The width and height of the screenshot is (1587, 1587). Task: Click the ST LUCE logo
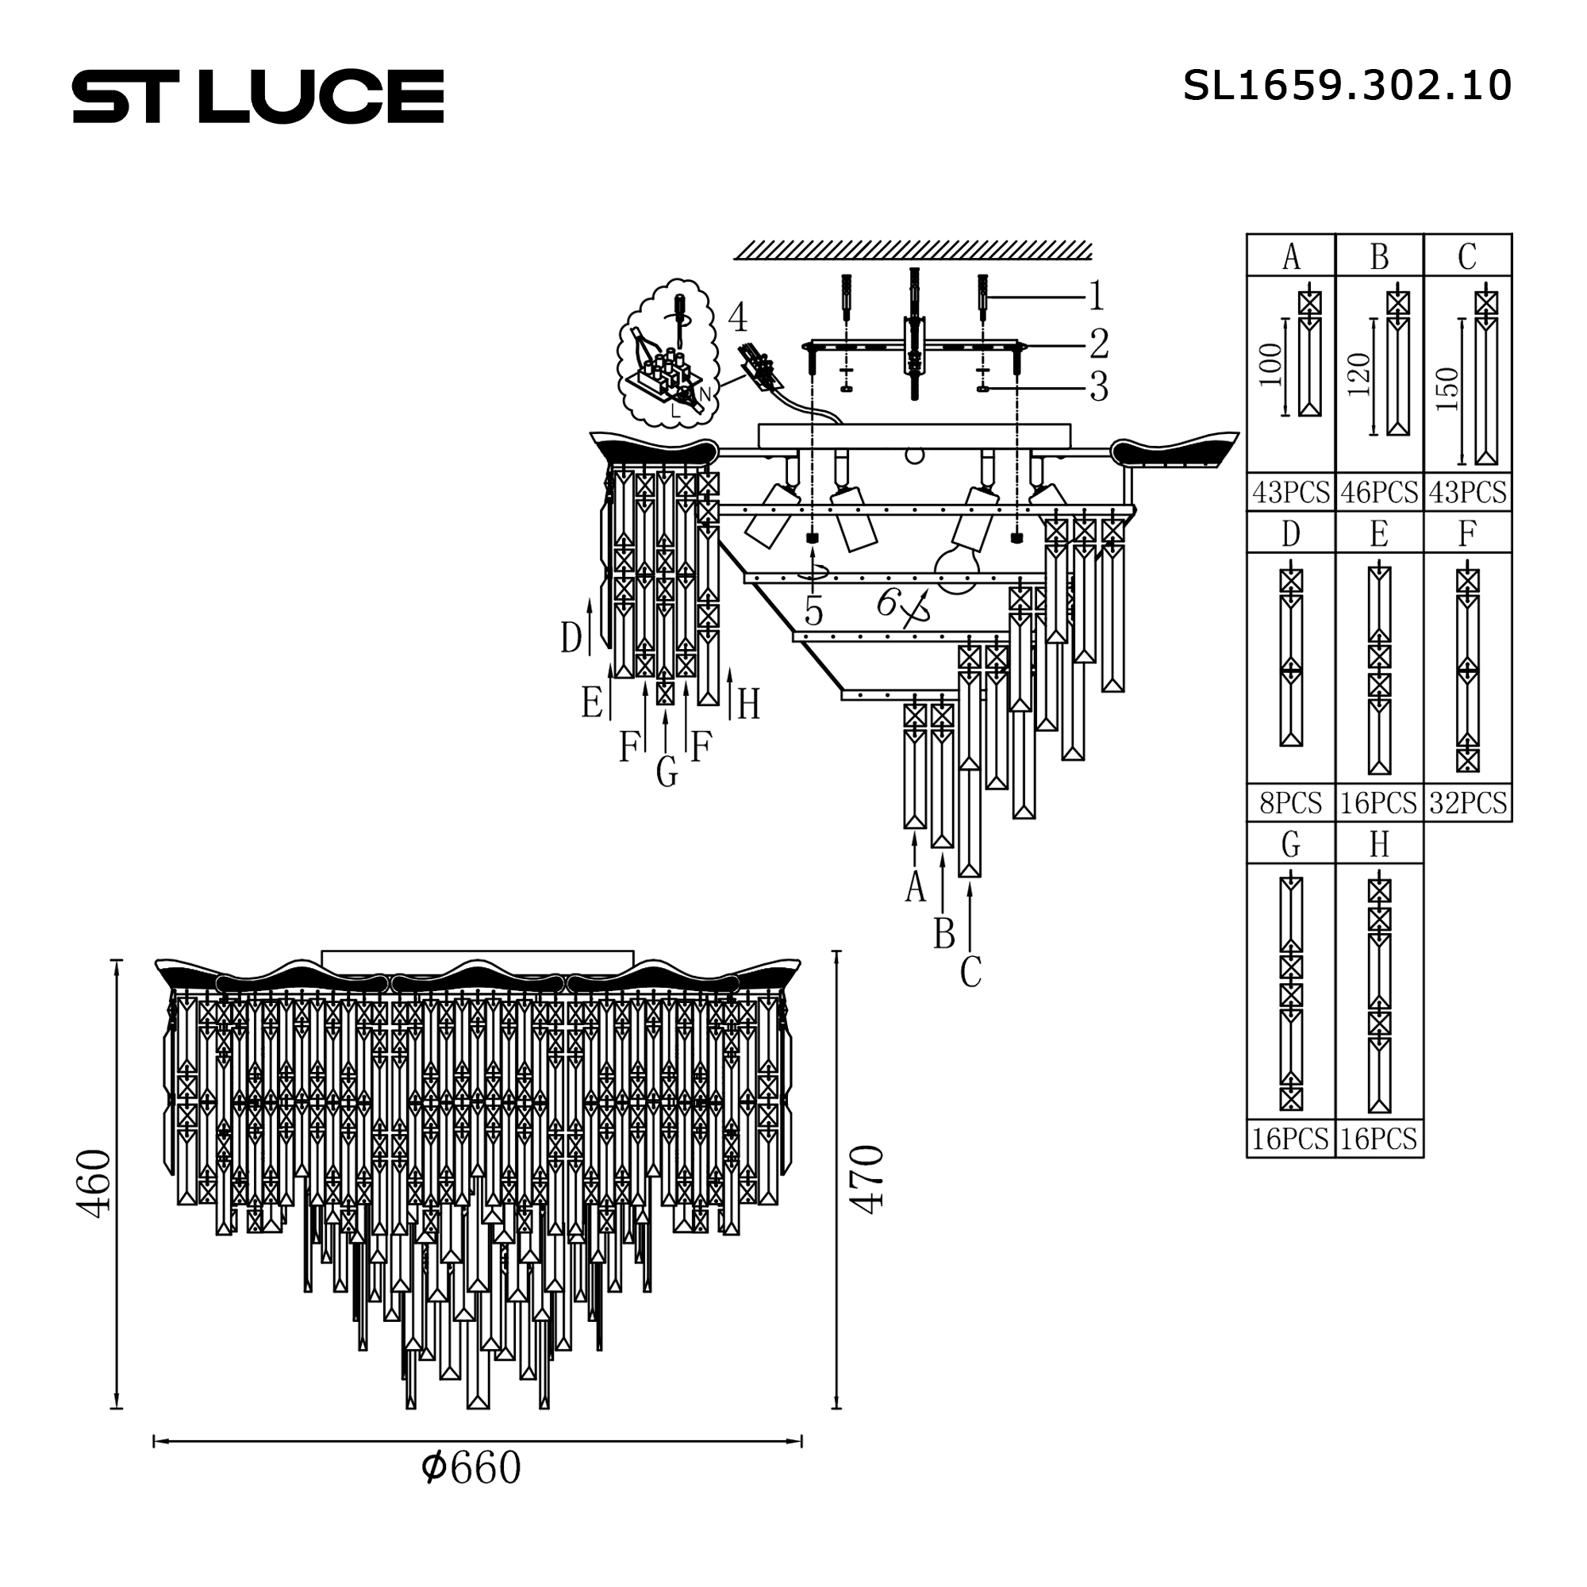click(x=258, y=96)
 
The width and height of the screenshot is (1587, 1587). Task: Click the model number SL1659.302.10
click(x=1347, y=86)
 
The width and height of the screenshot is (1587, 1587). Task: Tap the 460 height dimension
click(x=93, y=1183)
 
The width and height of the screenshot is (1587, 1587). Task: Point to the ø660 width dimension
click(x=471, y=1468)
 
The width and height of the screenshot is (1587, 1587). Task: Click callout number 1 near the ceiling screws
click(x=1096, y=297)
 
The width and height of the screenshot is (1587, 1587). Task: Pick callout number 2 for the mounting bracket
click(x=1099, y=344)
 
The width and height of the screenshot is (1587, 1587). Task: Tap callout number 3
click(x=1099, y=387)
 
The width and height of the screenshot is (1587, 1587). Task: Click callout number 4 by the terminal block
click(x=737, y=317)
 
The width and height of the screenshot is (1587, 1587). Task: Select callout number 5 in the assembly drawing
click(x=813, y=611)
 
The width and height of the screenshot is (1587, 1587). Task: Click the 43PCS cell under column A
click(x=1290, y=492)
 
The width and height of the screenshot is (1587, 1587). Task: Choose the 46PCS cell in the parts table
click(x=1379, y=492)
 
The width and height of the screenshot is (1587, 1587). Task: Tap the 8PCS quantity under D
click(x=1290, y=802)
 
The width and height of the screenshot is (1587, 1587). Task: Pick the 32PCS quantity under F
click(x=1468, y=802)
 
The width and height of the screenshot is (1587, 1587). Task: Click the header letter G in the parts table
click(x=1290, y=844)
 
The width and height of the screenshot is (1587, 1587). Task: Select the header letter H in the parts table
click(x=1379, y=844)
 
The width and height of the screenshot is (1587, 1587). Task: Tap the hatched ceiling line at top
click(x=913, y=250)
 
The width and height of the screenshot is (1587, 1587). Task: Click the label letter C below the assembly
click(x=970, y=973)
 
